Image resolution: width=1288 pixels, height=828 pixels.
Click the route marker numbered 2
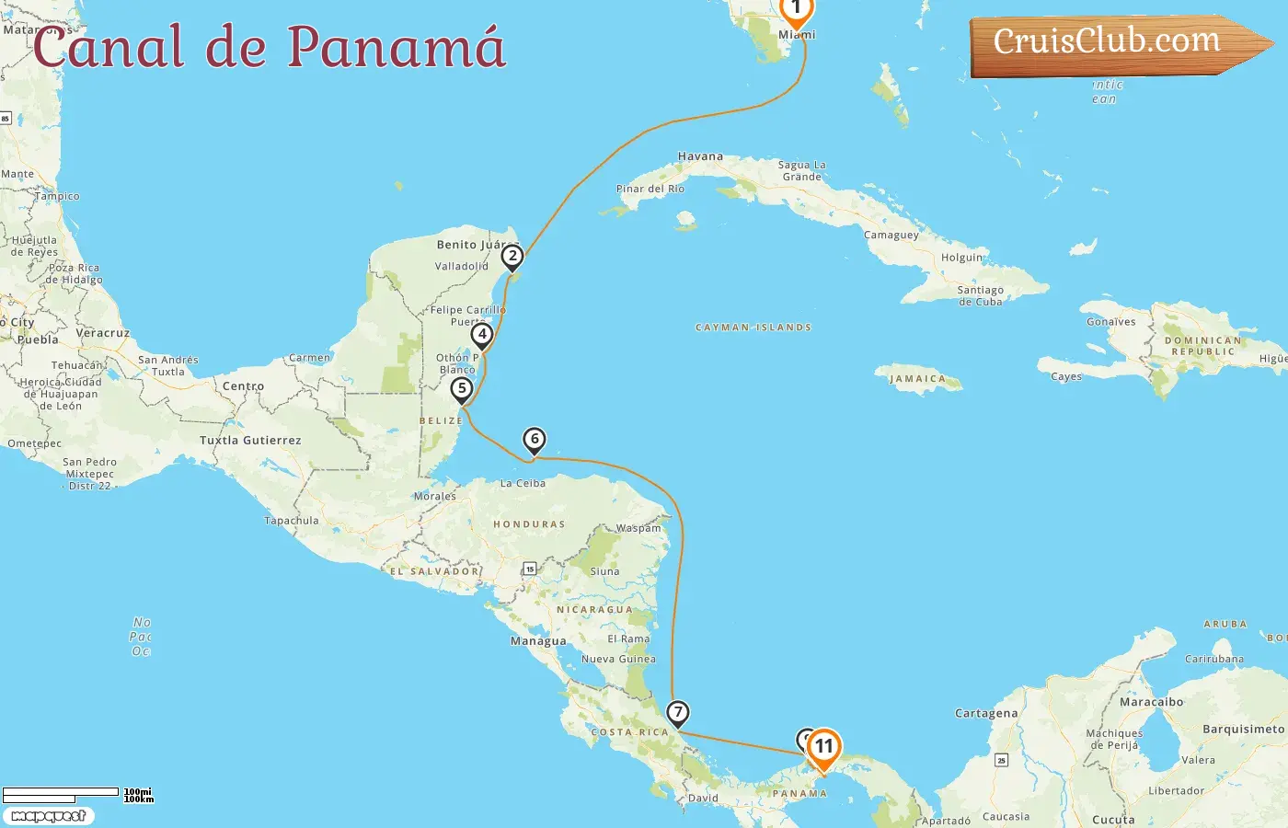(x=512, y=257)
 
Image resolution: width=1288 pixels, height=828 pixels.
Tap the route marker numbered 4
(x=482, y=335)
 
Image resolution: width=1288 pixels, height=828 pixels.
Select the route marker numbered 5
(x=462, y=389)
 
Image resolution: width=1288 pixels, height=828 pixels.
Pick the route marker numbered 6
(x=534, y=440)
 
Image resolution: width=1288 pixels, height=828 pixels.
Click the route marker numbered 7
(x=678, y=712)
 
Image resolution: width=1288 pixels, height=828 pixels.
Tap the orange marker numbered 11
(x=823, y=747)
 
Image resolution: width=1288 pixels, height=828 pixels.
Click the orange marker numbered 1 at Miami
(x=796, y=10)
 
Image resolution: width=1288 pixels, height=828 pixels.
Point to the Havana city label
(x=700, y=156)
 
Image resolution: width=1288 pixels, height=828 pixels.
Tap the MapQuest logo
(x=48, y=816)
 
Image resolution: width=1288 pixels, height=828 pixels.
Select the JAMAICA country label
(x=917, y=378)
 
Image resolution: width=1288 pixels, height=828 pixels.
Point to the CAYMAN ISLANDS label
(x=753, y=328)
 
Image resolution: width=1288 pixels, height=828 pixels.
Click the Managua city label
(x=538, y=641)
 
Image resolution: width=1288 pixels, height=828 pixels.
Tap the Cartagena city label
(x=986, y=713)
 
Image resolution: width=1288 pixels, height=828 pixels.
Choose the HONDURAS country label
(x=529, y=524)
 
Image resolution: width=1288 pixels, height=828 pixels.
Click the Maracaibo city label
(x=1151, y=702)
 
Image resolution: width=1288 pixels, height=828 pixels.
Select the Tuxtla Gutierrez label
(x=250, y=441)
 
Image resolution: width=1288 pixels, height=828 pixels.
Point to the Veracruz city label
(x=102, y=333)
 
